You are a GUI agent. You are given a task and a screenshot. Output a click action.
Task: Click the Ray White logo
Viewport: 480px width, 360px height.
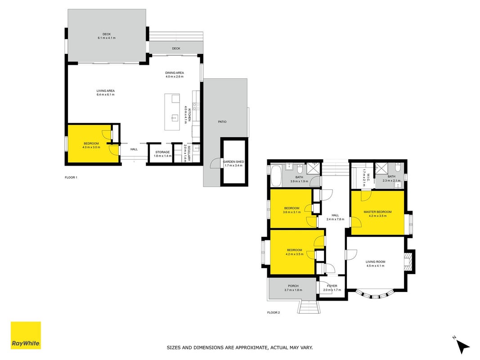click(26, 335)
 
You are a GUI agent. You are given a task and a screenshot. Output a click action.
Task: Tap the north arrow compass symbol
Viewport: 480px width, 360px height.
click(463, 345)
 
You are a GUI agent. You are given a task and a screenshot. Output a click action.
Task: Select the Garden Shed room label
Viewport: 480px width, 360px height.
click(233, 162)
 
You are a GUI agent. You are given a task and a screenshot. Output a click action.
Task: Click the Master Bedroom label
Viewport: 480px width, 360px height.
click(377, 212)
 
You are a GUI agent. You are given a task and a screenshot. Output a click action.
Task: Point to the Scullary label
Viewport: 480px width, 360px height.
click(189, 153)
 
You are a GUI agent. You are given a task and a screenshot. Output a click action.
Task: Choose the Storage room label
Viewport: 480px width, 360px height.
click(162, 152)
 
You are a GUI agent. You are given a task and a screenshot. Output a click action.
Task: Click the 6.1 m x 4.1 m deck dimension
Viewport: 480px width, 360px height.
click(107, 38)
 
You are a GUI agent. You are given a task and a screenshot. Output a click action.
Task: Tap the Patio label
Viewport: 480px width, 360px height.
click(222, 122)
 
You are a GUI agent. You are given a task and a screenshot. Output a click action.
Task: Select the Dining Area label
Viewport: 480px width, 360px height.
click(175, 73)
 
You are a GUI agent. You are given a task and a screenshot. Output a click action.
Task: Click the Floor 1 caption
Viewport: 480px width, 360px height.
click(71, 178)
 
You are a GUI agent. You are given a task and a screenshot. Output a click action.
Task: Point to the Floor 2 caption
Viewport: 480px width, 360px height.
click(274, 313)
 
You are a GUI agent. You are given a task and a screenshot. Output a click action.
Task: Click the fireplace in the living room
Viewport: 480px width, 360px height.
click(409, 261)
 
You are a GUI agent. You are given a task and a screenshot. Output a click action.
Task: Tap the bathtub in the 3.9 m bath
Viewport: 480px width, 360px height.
click(276, 175)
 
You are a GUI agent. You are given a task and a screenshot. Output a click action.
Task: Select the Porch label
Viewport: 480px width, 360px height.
click(293, 286)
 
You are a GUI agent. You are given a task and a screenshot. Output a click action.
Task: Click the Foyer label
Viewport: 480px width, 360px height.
click(332, 286)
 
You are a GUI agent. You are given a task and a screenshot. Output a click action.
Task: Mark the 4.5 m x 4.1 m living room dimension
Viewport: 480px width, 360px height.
click(375, 265)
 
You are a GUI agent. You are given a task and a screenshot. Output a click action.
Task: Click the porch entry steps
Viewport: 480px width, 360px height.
click(309, 307)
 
